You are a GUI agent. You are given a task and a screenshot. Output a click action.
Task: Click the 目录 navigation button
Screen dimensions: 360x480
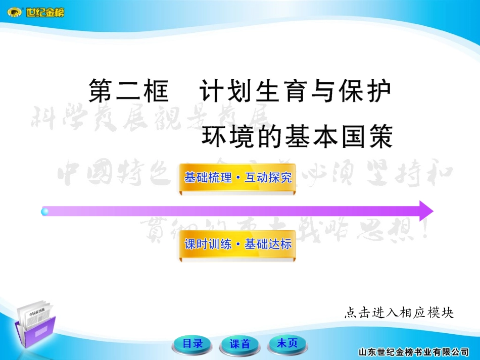tap(193, 344)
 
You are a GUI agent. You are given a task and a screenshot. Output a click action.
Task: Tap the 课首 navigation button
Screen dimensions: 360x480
tap(240, 344)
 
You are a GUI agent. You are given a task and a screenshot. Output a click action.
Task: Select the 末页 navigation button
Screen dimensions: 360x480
tap(287, 344)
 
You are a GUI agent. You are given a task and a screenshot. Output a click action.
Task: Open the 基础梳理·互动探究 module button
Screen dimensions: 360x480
tap(237, 178)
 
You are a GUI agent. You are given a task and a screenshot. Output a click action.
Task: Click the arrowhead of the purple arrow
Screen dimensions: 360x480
tap(425, 211)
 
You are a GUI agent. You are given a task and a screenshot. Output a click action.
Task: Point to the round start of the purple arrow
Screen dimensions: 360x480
tap(45, 211)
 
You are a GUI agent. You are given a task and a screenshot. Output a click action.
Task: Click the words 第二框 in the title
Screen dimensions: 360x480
tap(128, 92)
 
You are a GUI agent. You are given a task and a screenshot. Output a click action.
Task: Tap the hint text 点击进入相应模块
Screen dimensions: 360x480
tap(399, 313)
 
